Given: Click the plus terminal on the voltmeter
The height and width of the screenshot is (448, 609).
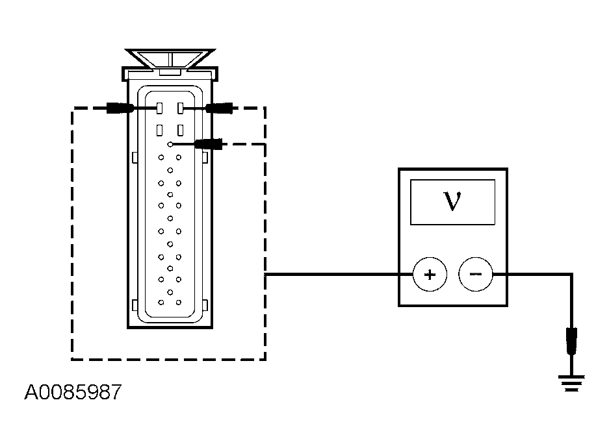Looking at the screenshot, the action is coord(430,275).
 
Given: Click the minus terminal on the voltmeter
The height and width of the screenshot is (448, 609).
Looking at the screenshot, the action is coord(476,274).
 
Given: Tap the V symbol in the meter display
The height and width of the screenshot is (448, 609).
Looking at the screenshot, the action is coord(452,201).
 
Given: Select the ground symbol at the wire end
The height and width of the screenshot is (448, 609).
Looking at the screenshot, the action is coord(571,384).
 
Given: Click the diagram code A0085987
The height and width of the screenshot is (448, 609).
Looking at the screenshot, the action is coord(73,392).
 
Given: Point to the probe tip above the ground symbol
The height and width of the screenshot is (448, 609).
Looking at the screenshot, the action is coord(571,341).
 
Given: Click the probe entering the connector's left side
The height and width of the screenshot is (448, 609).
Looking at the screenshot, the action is coord(120,108).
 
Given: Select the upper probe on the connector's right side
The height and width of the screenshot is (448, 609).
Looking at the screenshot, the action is coord(220,108).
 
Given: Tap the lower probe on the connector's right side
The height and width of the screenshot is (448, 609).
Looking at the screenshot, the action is coord(209,144).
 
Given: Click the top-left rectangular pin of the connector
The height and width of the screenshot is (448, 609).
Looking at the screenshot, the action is coord(159,108).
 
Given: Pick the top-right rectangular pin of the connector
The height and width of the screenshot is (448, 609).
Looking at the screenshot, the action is coord(180,108).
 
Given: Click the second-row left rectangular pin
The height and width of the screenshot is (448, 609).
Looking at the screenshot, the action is coord(159,131).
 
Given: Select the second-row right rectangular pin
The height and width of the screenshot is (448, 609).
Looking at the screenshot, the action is coord(180,131).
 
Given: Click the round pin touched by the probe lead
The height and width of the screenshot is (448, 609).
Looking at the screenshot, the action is coord(170,144).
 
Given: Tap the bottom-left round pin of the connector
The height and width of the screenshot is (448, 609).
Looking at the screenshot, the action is coord(161,302).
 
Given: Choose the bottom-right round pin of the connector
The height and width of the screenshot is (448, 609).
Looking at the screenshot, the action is coord(179,302).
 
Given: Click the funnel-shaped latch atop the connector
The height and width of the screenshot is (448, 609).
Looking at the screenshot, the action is coord(170,59).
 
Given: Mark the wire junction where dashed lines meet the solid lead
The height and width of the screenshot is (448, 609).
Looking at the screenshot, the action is coord(265,275).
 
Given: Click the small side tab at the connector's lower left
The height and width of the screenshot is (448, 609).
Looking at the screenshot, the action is coord(135,305).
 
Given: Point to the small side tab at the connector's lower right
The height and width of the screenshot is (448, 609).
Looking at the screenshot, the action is coord(205,305).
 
